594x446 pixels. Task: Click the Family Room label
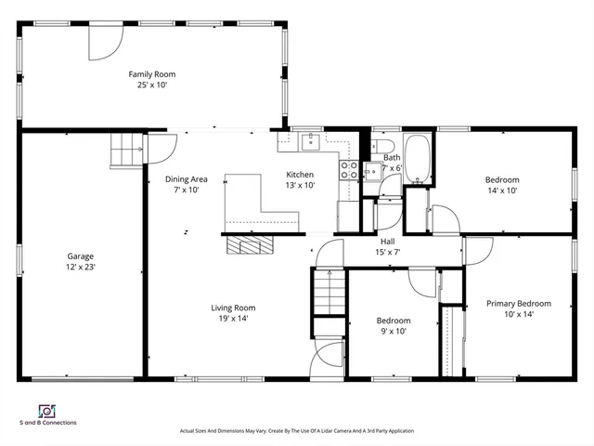click(x=151, y=79)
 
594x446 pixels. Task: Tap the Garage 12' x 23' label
click(x=80, y=261)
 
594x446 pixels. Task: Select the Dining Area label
click(x=186, y=184)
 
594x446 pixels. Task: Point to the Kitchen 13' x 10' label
click(x=300, y=179)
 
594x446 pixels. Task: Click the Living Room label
click(x=232, y=312)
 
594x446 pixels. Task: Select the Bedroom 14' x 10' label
click(x=501, y=185)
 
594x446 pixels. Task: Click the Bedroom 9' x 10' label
click(x=393, y=325)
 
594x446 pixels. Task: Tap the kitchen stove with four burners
click(x=350, y=169)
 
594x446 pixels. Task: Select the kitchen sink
click(x=310, y=142)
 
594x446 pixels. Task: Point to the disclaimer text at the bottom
click(x=296, y=431)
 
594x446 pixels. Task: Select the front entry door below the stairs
click(x=327, y=358)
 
